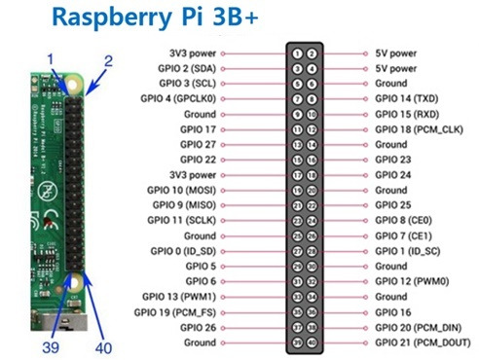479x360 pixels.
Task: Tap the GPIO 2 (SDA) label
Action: (184, 68)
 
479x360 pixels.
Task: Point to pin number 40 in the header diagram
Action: (311, 342)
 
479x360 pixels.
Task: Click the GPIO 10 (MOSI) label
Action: (183, 190)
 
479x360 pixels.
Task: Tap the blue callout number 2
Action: (108, 60)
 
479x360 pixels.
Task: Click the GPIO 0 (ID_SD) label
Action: (182, 251)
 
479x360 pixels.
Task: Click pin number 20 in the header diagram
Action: (311, 190)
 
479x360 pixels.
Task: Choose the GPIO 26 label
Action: (198, 327)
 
